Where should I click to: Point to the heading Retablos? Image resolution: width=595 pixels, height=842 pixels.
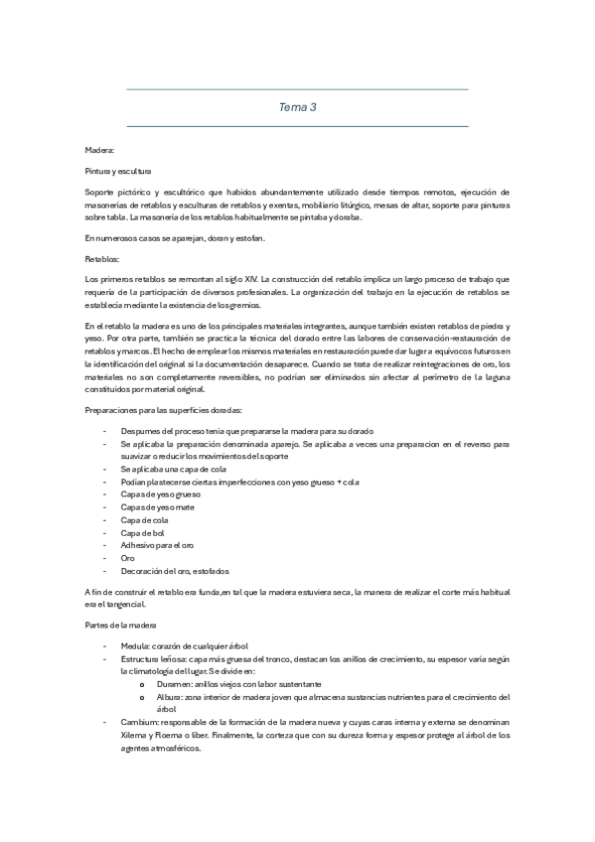pyautogui.click(x=102, y=257)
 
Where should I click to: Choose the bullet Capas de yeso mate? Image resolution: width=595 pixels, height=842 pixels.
pyautogui.click(x=155, y=507)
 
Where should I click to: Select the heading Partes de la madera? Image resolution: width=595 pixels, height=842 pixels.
pyautogui.click(x=121, y=625)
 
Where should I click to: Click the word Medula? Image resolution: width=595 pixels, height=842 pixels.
pyautogui.click(x=136, y=645)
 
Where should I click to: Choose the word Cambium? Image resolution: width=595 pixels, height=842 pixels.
pyautogui.click(x=138, y=723)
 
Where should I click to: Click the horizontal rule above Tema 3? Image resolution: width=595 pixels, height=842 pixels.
pyautogui.click(x=297, y=89)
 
